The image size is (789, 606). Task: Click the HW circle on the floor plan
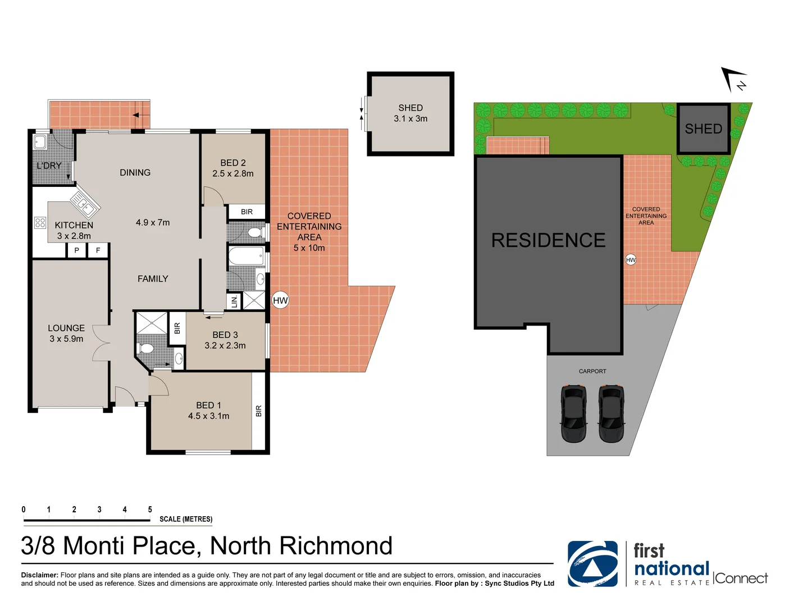(280, 300)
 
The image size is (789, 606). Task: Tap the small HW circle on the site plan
(631, 260)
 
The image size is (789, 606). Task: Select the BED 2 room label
(232, 163)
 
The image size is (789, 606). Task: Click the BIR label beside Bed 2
(247, 212)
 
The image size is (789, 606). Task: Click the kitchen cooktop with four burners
(40, 223)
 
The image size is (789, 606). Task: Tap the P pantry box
(76, 250)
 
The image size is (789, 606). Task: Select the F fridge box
(98, 250)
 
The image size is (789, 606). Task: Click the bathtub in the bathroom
(246, 257)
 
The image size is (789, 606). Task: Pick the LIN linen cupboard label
(234, 301)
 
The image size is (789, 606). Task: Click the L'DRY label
(49, 166)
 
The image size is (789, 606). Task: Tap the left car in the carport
(573, 414)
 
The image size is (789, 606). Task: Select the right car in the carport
(611, 414)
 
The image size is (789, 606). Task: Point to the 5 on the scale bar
(150, 509)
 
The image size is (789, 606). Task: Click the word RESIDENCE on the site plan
(548, 240)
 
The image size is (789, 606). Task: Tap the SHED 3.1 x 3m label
(411, 113)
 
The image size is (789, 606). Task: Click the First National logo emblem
(592, 564)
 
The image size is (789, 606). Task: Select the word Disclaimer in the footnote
(39, 575)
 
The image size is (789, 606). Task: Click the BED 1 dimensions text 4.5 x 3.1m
(208, 416)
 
